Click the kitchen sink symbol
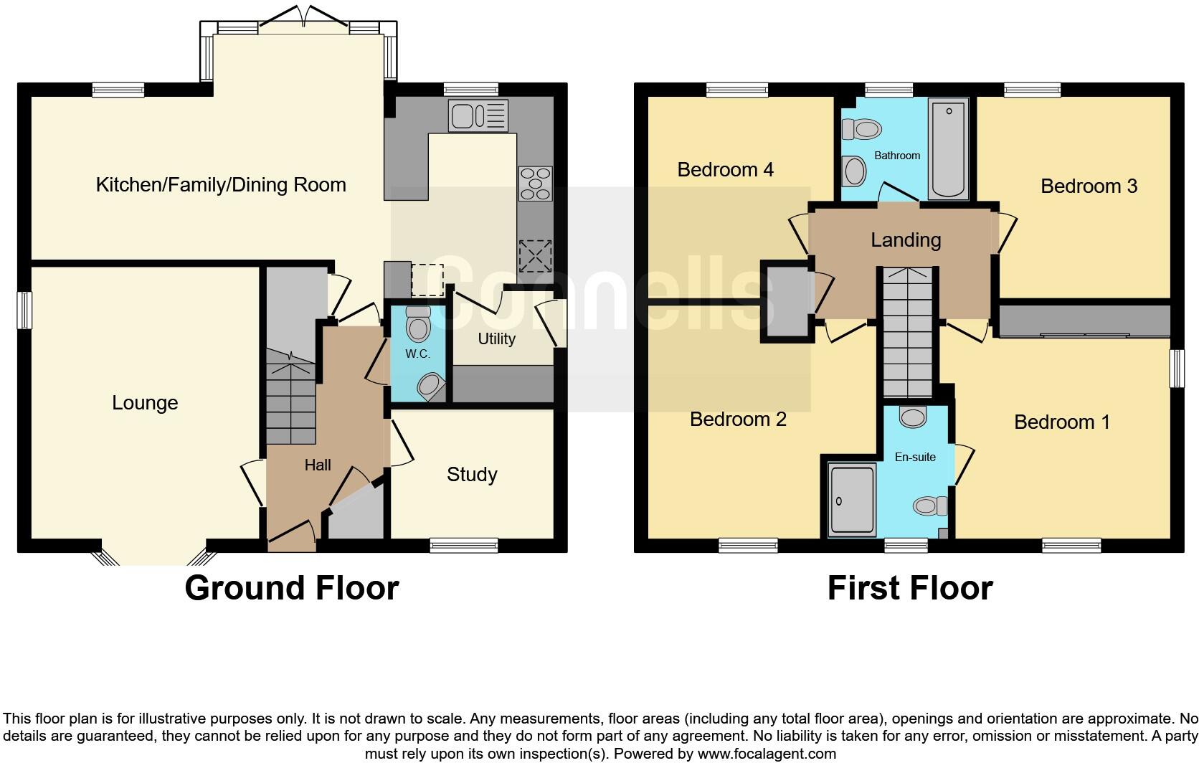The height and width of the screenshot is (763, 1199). point(478,115)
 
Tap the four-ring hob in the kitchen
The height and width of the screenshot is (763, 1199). point(535,184)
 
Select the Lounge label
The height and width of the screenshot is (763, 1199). point(145,403)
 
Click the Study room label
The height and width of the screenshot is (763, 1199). point(472,475)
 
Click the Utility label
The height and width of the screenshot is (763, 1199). point(496,338)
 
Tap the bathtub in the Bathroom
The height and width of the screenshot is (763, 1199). point(948,148)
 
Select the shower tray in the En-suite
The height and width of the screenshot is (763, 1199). point(852,500)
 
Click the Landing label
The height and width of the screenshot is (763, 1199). point(906,240)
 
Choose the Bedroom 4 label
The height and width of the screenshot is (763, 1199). point(725,170)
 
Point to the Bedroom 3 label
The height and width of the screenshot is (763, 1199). point(1089,186)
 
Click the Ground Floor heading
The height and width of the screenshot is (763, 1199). point(291,588)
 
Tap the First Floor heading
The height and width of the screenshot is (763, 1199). point(909,588)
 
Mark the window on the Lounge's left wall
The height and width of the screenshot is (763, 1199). point(24,310)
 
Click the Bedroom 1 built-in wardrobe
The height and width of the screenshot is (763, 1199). point(1084,321)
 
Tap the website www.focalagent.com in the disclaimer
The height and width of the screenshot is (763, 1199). point(767,754)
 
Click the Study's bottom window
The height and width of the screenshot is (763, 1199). point(464,546)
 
